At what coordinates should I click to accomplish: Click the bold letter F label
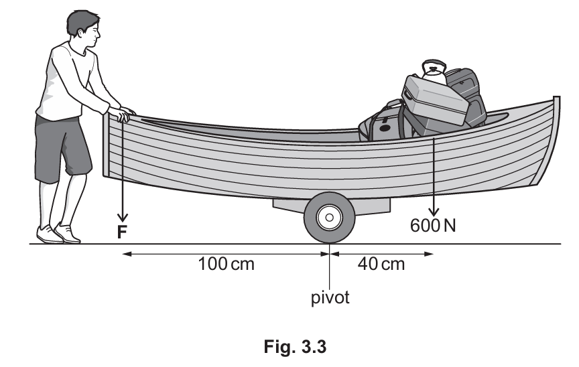[122, 232]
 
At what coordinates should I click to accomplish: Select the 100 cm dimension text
[227, 264]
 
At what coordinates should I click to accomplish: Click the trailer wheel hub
[329, 218]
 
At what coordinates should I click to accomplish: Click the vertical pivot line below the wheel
[330, 271]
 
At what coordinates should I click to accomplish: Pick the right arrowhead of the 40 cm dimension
[430, 254]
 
